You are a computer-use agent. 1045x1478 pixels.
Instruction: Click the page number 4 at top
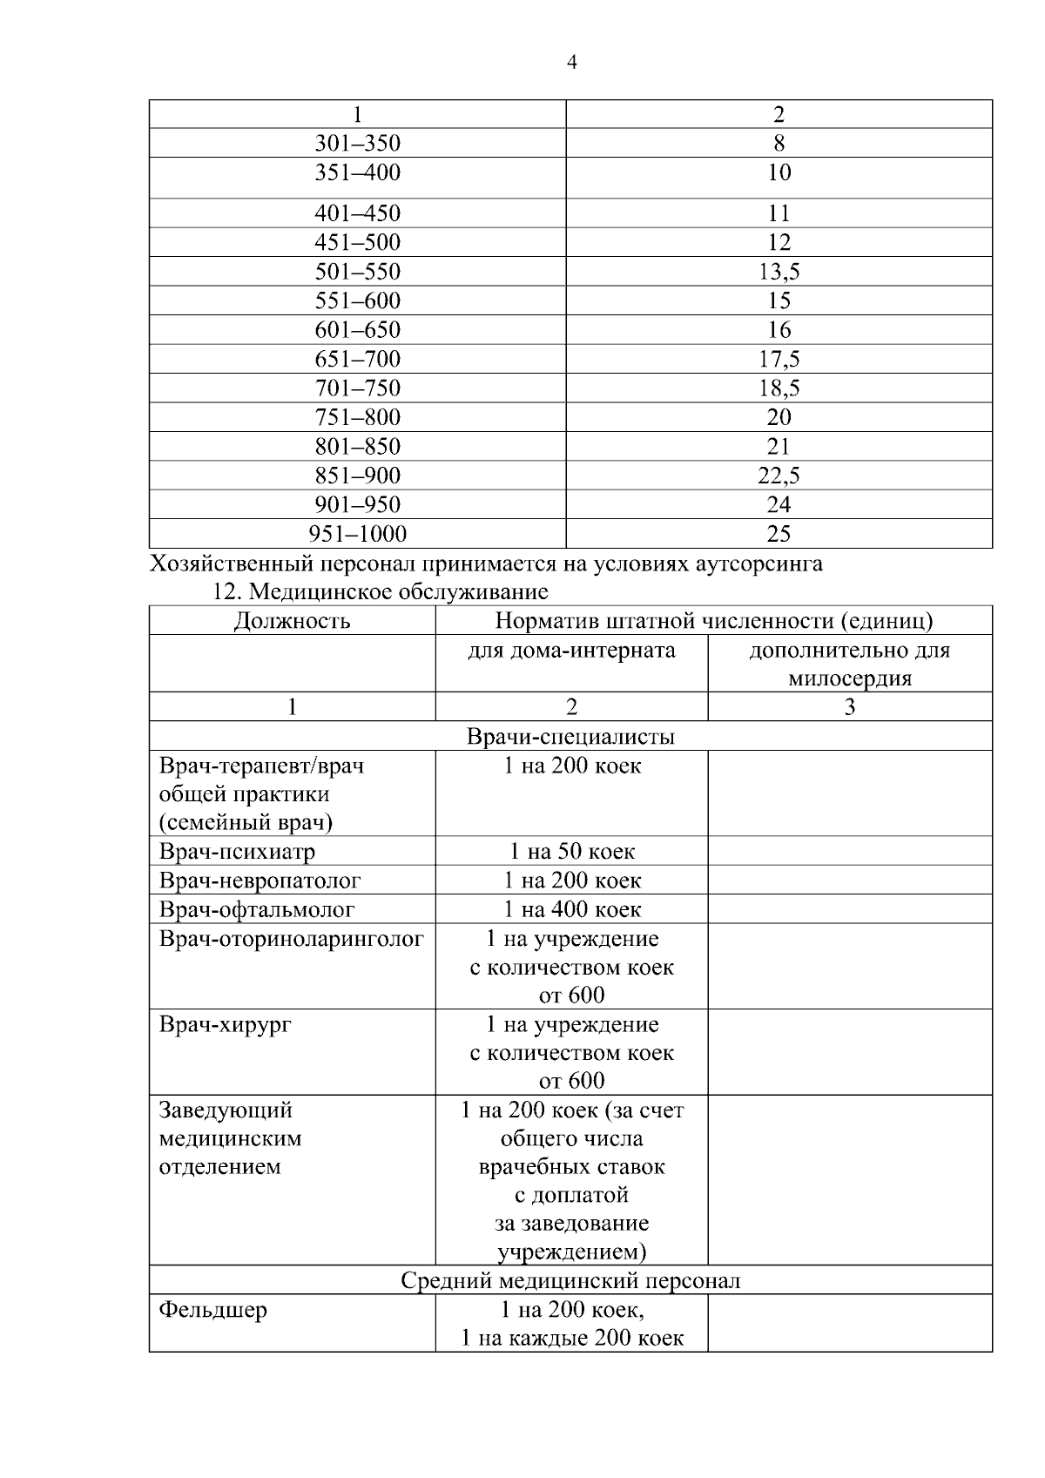pyautogui.click(x=571, y=62)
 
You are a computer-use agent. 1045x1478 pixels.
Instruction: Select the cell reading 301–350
pyautogui.click(x=357, y=144)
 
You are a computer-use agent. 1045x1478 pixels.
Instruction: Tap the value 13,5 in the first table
pyautogui.click(x=779, y=272)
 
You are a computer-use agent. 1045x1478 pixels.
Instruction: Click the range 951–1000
pyautogui.click(x=357, y=534)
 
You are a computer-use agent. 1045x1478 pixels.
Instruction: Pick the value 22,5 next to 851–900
pyautogui.click(x=779, y=476)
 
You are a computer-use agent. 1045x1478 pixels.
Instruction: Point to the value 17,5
pyautogui.click(x=779, y=359)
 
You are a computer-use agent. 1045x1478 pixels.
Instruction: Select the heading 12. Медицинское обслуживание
pyautogui.click(x=381, y=592)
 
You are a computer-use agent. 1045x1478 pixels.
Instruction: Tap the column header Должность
pyautogui.click(x=292, y=621)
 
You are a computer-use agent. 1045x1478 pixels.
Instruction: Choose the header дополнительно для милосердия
pyautogui.click(x=849, y=664)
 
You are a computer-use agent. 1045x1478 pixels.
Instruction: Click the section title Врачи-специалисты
pyautogui.click(x=570, y=737)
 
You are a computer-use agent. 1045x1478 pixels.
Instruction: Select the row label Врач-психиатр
pyautogui.click(x=237, y=851)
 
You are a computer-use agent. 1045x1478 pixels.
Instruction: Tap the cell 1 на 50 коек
pyautogui.click(x=571, y=851)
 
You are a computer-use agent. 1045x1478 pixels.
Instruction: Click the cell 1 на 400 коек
pyautogui.click(x=571, y=909)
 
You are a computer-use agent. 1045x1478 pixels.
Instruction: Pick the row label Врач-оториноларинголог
pyautogui.click(x=291, y=939)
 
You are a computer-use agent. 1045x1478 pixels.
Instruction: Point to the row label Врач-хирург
pyautogui.click(x=225, y=1024)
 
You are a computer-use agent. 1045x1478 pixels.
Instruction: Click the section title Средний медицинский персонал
pyautogui.click(x=570, y=1280)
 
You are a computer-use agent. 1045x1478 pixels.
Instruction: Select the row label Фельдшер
pyautogui.click(x=212, y=1310)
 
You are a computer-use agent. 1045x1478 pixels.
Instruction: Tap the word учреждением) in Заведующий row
pyautogui.click(x=571, y=1252)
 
